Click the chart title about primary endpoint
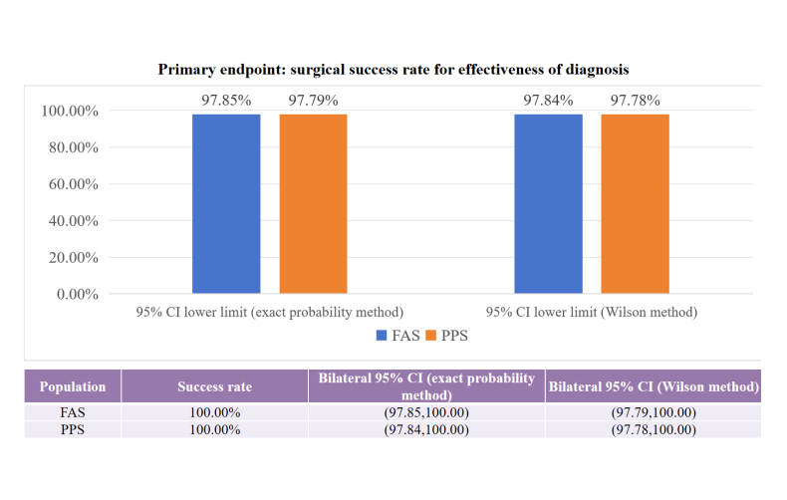pyautogui.click(x=393, y=70)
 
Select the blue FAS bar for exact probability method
pyautogui.click(x=226, y=204)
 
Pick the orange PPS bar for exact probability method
pyautogui.click(x=313, y=204)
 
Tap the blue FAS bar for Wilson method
pyautogui.click(x=548, y=204)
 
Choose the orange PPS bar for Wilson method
pyautogui.click(x=635, y=204)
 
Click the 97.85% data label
pyautogui.click(x=226, y=100)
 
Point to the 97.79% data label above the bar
pyautogui.click(x=313, y=100)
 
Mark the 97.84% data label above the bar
pyautogui.click(x=548, y=100)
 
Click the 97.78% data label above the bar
pyautogui.click(x=635, y=100)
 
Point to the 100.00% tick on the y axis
pyautogui.click(x=69, y=111)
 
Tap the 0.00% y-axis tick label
pyautogui.click(x=76, y=294)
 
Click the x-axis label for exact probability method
pyautogui.click(x=269, y=312)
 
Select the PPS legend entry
pyautogui.click(x=446, y=336)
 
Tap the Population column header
pyautogui.click(x=72, y=386)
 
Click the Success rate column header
pyautogui.click(x=214, y=386)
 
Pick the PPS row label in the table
pyautogui.click(x=72, y=429)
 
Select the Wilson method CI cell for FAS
pyautogui.click(x=654, y=412)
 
